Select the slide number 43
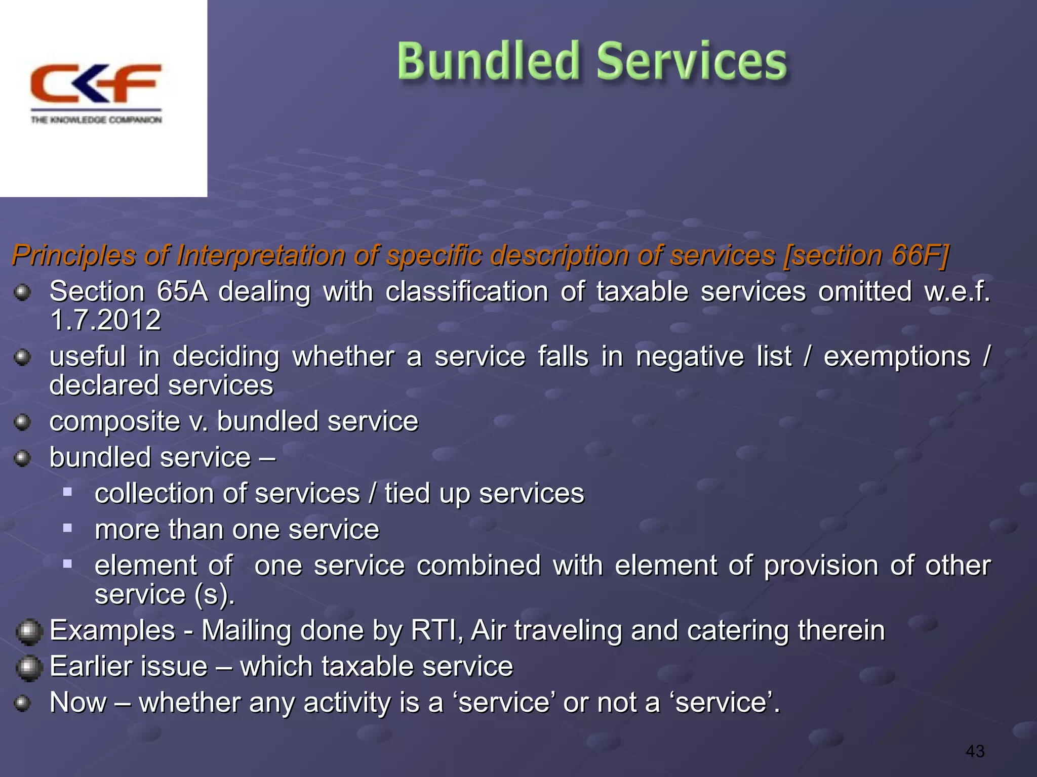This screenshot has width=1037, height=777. pos(975,751)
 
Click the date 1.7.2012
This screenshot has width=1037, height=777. pos(105,320)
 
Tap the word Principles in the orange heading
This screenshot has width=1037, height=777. pos(74,255)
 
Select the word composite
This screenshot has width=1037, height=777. pos(114,421)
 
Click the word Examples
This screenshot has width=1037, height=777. pos(112,630)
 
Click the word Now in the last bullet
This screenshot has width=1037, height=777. pos(78,703)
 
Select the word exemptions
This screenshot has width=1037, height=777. pos(897,357)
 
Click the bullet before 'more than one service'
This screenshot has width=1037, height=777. pos(67,528)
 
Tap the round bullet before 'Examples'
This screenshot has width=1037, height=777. pos(28,632)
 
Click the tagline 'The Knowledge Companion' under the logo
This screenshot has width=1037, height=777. pos(96,120)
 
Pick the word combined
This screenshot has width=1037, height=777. pos(478,565)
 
